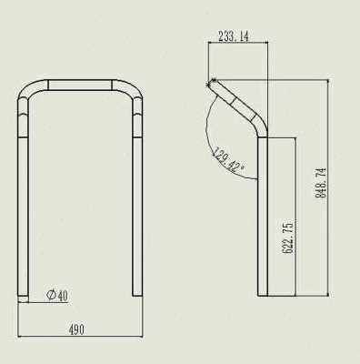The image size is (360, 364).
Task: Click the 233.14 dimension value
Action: pyautogui.click(x=234, y=37)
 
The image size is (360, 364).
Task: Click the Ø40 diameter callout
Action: pyautogui.click(x=57, y=294)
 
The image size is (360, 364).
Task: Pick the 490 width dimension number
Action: pyautogui.click(x=76, y=329)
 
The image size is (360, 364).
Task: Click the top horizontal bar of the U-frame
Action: pyautogui.click(x=81, y=84)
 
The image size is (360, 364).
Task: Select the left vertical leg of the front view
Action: pyautogui.click(x=24, y=200)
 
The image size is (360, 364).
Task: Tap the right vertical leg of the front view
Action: pyautogui.click(x=138, y=200)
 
